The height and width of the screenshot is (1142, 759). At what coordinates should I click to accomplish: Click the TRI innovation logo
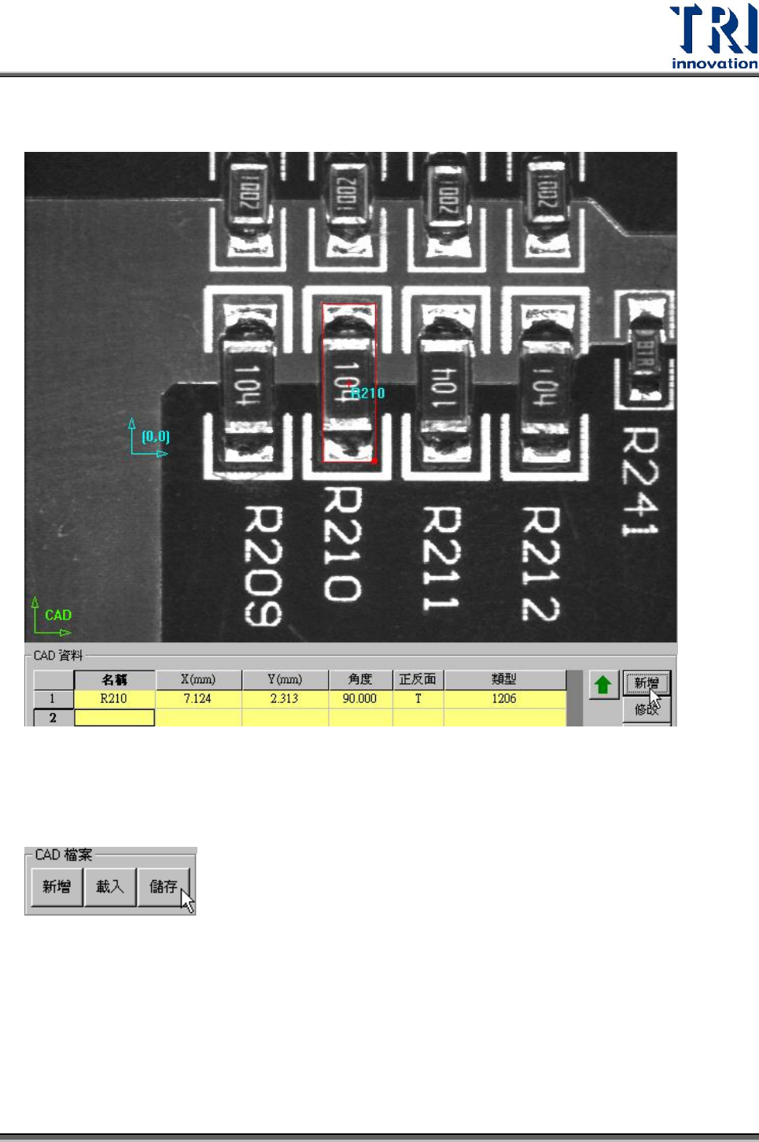(713, 37)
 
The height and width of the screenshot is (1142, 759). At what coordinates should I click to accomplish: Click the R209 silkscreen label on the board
(263, 565)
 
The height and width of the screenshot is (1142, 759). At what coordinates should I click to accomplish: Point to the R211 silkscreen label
(441, 559)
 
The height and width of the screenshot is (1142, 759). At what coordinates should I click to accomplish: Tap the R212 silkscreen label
(540, 563)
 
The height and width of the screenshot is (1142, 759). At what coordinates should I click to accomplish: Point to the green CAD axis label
(58, 615)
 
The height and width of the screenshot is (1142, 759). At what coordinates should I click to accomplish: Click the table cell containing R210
(114, 699)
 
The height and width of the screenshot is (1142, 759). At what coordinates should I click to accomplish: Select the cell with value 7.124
(197, 699)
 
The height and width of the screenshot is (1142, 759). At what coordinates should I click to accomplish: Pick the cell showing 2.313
(284, 699)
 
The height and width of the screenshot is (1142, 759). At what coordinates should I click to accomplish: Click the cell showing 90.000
(359, 699)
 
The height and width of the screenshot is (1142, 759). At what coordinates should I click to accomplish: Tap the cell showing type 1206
(504, 699)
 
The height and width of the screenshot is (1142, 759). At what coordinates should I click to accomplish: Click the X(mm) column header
(198, 679)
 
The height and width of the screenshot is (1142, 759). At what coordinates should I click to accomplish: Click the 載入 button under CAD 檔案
(110, 887)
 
